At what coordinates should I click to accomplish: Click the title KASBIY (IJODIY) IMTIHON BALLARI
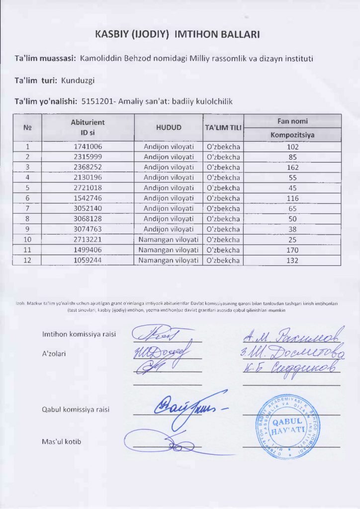coord(177,34)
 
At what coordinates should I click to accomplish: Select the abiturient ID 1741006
coord(88,147)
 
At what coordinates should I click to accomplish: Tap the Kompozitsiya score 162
coord(292,167)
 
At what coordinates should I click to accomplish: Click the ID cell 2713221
coord(88,240)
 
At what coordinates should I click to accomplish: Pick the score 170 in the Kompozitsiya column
coord(292,250)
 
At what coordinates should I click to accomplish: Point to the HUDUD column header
coord(169,127)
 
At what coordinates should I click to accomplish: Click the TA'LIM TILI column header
coord(223,128)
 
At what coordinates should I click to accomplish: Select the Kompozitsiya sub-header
coord(292,135)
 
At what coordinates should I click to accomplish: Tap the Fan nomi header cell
coord(292,121)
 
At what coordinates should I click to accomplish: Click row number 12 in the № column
coord(27,260)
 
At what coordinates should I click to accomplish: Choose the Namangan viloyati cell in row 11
coord(169,250)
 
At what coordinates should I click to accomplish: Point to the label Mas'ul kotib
coord(62,441)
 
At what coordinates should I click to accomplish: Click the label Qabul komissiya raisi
coord(76,410)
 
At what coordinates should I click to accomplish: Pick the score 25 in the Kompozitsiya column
coord(292,240)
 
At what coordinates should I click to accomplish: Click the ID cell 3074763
coord(88,229)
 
